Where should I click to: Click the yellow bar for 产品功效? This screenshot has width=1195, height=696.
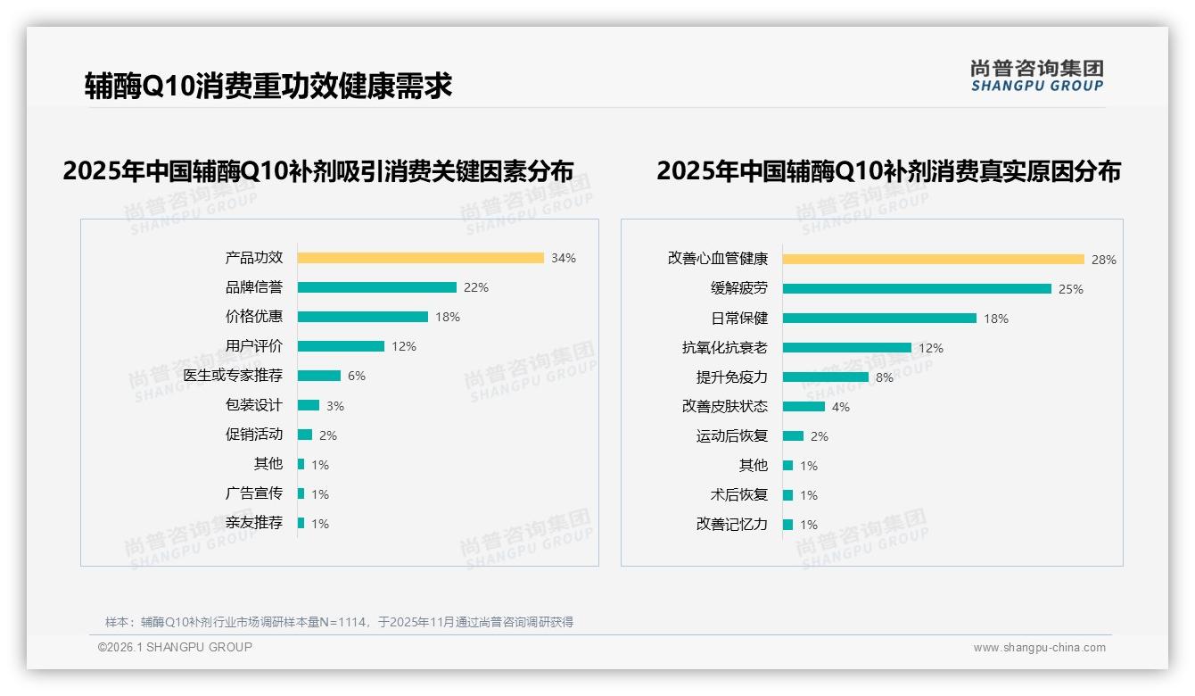tap(420, 258)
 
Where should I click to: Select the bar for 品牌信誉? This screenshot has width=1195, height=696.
tap(376, 287)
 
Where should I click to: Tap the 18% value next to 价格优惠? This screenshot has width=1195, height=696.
tap(448, 317)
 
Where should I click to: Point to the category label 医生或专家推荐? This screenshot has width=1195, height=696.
tap(233, 376)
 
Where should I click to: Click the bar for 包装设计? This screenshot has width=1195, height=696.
tap(308, 405)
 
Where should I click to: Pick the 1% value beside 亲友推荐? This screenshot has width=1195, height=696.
tap(320, 524)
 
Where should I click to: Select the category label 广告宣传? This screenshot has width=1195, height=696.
tap(253, 493)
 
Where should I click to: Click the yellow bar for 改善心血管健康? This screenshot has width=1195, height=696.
tap(933, 260)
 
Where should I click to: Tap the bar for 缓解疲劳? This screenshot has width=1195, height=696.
tap(917, 289)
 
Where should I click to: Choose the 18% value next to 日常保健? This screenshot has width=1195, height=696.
tap(996, 319)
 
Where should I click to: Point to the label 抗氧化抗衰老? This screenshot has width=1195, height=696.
tap(724, 348)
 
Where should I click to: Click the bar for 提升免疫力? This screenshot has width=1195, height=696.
tap(825, 377)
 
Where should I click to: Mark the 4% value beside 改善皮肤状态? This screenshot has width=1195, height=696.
tap(841, 407)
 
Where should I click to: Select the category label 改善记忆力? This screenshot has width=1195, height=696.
tap(731, 525)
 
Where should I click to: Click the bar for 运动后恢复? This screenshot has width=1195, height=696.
tap(793, 436)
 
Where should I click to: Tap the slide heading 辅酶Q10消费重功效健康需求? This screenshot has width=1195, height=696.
tap(268, 86)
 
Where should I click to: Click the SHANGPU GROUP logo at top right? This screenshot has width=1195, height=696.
tap(1036, 76)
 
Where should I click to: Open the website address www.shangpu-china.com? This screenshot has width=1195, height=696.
tap(1039, 648)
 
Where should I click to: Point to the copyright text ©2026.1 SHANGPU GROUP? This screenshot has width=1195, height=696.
tap(175, 647)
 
